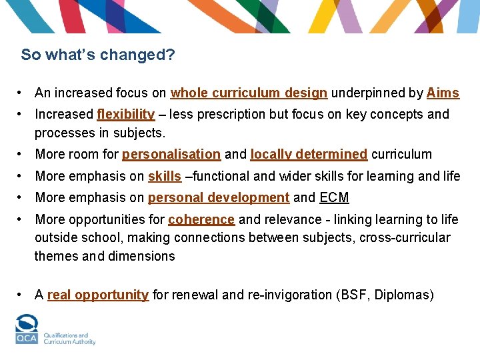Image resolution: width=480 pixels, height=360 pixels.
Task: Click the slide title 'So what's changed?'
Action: pos(98,55)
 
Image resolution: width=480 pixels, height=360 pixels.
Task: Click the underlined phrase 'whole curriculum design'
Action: pos(249,93)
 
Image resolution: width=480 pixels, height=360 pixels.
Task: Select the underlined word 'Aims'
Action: pos(443,93)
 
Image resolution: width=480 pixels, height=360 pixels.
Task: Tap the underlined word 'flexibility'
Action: pos(125,115)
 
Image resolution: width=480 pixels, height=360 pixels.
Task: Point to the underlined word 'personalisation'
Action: pos(171,155)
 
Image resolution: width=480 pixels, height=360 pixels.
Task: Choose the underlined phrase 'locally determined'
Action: pos(309,155)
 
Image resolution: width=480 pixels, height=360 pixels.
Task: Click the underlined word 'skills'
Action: pos(164,177)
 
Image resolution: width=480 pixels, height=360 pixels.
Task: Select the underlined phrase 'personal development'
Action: pos(218,198)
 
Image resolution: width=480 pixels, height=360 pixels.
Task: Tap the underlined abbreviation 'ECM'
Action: pos(334,198)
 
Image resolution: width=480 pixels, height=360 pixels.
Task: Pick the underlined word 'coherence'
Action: pos(201,220)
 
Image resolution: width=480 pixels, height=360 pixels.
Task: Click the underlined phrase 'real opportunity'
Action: pos(97,295)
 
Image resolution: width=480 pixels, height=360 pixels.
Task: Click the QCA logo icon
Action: pos(27,329)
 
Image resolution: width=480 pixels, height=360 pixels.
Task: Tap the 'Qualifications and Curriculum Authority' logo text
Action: pos(69,339)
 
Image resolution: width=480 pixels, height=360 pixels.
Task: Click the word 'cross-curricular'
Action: pos(405,238)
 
